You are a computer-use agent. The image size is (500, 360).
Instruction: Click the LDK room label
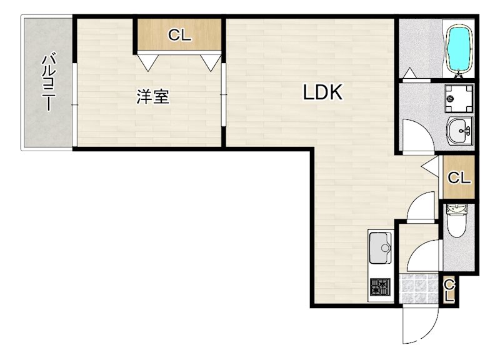coord(322,93)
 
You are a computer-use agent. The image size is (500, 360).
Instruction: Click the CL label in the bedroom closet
coord(179,36)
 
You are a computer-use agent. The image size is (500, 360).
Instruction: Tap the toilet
coord(456,221)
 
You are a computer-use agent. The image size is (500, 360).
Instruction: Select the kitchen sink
coord(380,248)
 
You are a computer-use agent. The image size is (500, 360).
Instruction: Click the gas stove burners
coord(380,287)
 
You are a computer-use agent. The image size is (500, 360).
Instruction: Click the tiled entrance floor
coord(419,288)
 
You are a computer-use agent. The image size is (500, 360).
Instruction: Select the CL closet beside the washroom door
coord(458,177)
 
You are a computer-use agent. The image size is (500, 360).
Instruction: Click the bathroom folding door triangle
coord(409,74)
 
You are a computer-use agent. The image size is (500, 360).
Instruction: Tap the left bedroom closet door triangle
coord(147,62)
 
